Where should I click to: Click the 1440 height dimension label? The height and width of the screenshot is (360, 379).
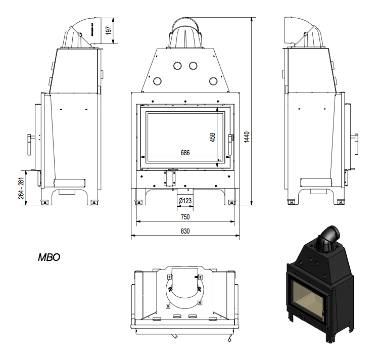(247, 137)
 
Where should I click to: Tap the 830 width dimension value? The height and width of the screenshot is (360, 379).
(185, 232)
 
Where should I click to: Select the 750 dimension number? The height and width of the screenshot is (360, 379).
(185, 217)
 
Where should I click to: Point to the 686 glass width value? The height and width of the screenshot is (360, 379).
(185, 153)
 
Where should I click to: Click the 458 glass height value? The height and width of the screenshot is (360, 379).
(212, 138)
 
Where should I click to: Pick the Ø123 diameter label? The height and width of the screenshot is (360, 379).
(185, 201)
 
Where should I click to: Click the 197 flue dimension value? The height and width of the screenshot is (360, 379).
(109, 30)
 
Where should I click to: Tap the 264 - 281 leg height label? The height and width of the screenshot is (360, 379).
(21, 188)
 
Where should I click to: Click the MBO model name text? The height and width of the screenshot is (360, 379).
(49, 257)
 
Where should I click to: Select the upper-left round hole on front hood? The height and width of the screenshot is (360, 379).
(177, 65)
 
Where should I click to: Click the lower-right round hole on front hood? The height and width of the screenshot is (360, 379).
(213, 81)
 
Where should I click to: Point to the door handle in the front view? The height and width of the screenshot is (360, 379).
(230, 144)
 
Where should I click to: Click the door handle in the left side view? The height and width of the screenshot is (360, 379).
(30, 145)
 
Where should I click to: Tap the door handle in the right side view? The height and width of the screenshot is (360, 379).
(356, 144)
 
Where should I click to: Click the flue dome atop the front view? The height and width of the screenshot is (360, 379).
(185, 33)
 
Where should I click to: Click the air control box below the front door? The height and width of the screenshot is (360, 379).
(169, 178)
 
